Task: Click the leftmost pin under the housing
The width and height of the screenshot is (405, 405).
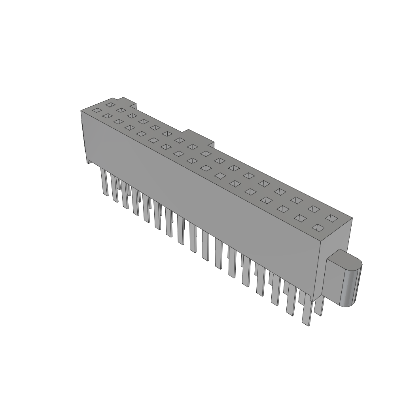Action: pos(104,182)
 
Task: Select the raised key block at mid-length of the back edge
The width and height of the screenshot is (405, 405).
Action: pos(200,136)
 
